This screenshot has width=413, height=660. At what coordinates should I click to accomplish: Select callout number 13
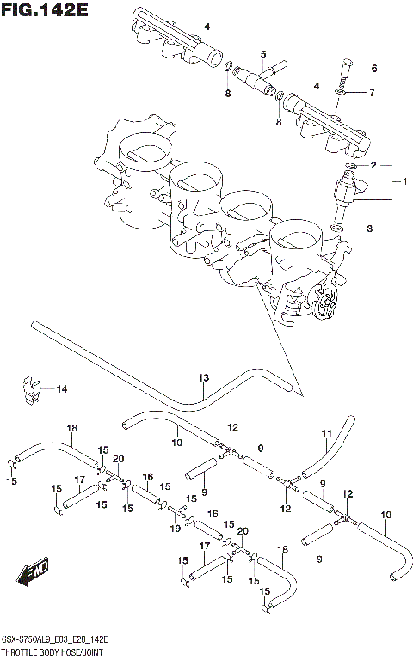point(204,378)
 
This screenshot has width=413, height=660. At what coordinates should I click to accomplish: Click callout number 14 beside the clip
point(61,389)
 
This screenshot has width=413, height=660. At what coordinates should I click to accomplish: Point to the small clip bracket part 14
point(30,388)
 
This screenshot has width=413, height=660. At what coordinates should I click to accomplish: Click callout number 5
point(263,54)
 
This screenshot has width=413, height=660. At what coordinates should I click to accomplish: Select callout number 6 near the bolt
point(373,93)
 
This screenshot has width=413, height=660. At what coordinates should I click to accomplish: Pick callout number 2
point(373,164)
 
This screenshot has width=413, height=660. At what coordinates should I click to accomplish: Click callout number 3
point(370,229)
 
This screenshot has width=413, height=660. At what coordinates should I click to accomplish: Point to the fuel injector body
point(355,195)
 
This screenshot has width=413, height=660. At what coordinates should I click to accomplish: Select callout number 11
point(326,432)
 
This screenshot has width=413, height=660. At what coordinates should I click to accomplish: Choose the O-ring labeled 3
point(342,229)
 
